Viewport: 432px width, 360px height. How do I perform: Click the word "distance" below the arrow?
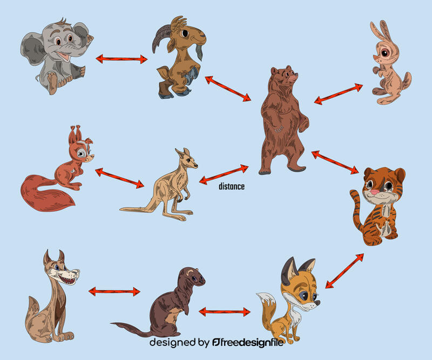click(x=232, y=187)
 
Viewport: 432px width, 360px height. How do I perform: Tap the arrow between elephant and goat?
click(x=122, y=58)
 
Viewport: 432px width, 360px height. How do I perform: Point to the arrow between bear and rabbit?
click(x=339, y=93)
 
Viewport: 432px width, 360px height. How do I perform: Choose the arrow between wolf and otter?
click(x=114, y=291)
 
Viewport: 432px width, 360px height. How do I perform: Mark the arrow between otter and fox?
click(x=225, y=311)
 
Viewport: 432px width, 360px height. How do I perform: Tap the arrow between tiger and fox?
click(x=345, y=270)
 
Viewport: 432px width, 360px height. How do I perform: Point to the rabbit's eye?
click(x=386, y=53)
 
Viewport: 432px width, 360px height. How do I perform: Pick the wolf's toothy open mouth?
click(x=69, y=279)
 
